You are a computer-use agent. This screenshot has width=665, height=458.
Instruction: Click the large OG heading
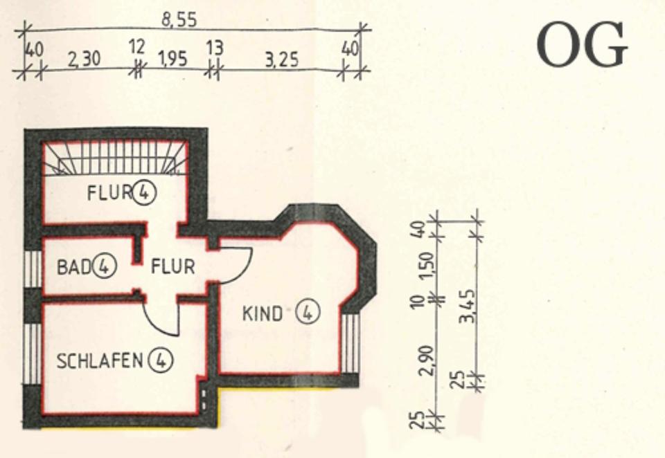pyautogui.click(x=582, y=45)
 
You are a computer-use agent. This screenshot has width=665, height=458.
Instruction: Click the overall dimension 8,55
pyautogui.click(x=179, y=21)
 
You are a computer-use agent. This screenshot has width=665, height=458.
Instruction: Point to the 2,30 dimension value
pyautogui.click(x=84, y=60)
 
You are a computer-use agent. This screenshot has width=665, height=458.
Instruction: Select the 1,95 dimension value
pyautogui.click(x=172, y=59)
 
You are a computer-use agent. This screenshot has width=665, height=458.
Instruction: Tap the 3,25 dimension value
pyautogui.click(x=281, y=60)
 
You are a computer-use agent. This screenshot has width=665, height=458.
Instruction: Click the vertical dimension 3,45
pyautogui.click(x=471, y=307)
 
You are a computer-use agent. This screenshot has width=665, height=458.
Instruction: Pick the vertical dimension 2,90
pyautogui.click(x=430, y=360)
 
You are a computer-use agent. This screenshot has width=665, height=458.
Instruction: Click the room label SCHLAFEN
pyautogui.click(x=100, y=360)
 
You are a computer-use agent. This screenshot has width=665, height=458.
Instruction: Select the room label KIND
pyautogui.click(x=263, y=313)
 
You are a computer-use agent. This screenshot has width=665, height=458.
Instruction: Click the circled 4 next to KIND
pyautogui.click(x=307, y=313)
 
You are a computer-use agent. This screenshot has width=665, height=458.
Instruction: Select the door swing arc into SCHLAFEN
pyautogui.click(x=161, y=322)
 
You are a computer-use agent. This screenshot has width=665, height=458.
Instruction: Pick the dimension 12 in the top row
pyautogui.click(x=137, y=48)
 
